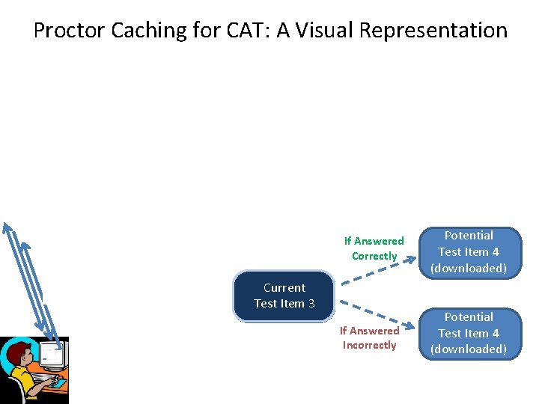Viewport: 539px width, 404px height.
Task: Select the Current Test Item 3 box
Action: click(284, 296)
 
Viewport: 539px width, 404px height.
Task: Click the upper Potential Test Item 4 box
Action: click(469, 252)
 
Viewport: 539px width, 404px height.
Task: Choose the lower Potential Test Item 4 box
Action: click(469, 333)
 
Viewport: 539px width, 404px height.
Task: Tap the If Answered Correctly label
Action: click(374, 248)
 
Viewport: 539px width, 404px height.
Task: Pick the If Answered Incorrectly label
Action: click(369, 337)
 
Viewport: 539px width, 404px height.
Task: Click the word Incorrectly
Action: click(369, 345)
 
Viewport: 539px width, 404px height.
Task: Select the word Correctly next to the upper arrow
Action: click(374, 256)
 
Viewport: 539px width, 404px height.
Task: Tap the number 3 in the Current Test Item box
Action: click(311, 304)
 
